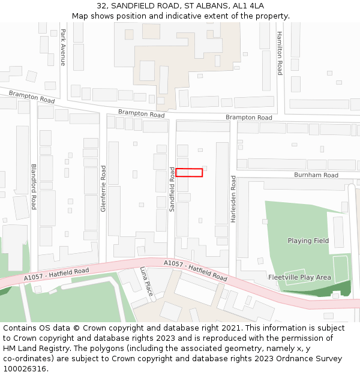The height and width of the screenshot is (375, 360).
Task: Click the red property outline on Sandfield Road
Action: click(x=189, y=173)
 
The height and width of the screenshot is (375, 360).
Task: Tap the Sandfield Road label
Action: click(x=172, y=189)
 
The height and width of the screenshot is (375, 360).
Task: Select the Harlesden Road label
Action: click(x=233, y=199)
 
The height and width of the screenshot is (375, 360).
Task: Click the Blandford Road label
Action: click(x=34, y=187)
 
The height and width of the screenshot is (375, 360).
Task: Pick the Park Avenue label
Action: click(x=63, y=47)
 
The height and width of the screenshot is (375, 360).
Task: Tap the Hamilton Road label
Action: click(x=280, y=53)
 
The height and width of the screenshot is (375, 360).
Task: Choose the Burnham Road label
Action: click(x=316, y=175)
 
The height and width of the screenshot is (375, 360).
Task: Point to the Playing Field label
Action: click(x=308, y=241)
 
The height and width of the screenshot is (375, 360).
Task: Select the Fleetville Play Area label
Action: click(x=299, y=277)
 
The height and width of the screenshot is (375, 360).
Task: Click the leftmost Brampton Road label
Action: click(x=32, y=96)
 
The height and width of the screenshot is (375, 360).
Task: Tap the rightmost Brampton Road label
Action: click(x=248, y=118)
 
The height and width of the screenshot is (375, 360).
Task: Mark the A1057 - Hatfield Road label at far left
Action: click(x=56, y=274)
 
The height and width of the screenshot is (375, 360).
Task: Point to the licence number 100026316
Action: click(x=24, y=368)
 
